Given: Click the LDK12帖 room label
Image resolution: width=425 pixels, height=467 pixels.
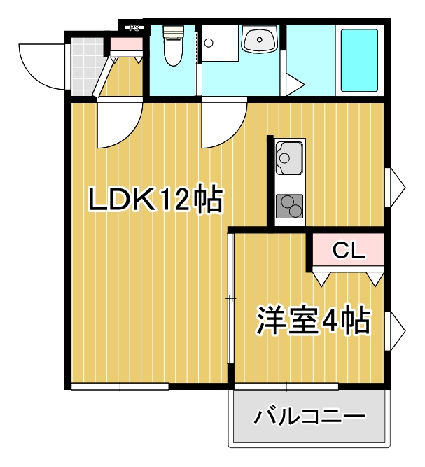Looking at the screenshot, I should tap(155, 202).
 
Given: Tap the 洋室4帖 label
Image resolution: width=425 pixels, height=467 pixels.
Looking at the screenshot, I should tap(313, 321).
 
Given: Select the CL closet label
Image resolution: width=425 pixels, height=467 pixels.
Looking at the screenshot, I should tap(348, 250).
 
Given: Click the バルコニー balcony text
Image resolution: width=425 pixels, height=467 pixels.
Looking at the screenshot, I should tap(309, 418).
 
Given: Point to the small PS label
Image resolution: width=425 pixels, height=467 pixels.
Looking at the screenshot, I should tap(134, 28).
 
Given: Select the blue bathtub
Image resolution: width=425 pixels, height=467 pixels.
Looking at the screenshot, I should tap(358, 60).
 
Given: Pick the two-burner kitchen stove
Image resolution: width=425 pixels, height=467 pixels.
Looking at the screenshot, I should tap(289, 206).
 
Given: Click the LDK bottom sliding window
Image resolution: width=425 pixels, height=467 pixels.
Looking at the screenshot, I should tap(120, 386).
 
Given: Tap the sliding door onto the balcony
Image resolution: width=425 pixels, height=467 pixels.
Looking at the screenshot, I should tap(286, 386).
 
